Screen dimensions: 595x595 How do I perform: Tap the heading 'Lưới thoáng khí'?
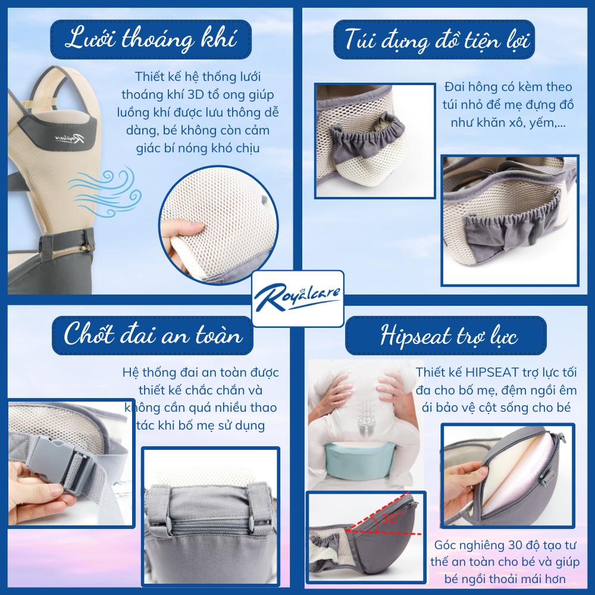coord(151,40)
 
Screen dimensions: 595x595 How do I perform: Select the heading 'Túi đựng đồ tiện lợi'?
coord(439,40)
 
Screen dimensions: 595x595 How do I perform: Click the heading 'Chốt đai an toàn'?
coord(153,336)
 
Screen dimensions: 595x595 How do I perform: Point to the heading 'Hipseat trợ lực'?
coord(446,336)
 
